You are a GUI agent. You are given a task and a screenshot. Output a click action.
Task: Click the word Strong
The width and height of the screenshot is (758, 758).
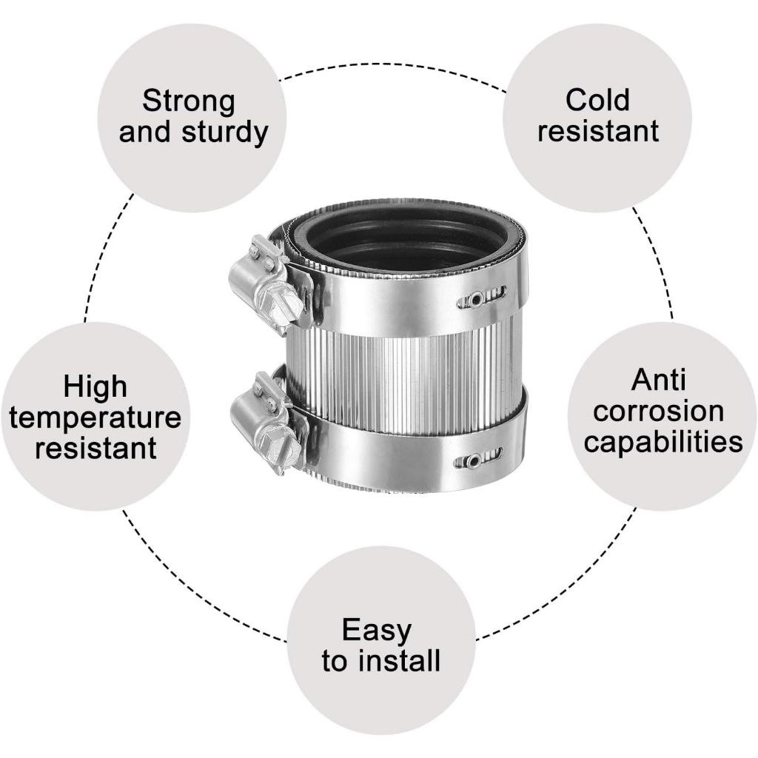[x=189, y=101]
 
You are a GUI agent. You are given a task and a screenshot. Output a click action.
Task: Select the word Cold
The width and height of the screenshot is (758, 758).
[x=597, y=100]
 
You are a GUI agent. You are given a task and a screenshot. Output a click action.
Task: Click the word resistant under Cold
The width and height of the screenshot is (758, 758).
[x=597, y=132]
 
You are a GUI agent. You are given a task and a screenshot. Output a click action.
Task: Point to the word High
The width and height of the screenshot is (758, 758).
[x=95, y=386]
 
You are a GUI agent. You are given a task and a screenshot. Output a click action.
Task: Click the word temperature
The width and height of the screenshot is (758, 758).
[x=95, y=417]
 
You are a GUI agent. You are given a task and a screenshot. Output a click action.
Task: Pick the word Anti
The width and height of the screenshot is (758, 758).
[x=659, y=380]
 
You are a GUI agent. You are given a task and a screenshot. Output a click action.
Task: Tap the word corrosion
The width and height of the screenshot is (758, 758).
[x=659, y=411]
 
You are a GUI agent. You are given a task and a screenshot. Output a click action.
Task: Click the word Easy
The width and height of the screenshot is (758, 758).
[x=376, y=631]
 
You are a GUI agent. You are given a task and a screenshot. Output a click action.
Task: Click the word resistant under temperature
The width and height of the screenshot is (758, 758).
[x=95, y=449]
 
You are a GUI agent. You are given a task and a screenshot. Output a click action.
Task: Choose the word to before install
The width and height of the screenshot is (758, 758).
[x=335, y=661]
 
